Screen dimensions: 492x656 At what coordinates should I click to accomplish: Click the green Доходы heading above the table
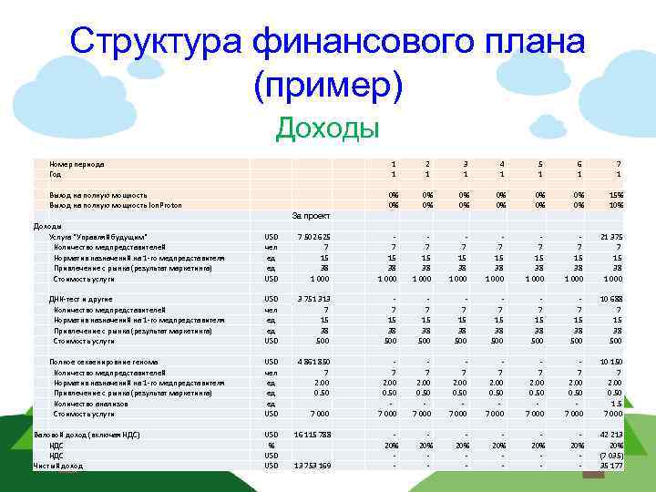click(328, 128)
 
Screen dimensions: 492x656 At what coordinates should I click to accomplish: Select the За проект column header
click(310, 216)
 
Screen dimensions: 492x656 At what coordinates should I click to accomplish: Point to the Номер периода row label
click(77, 164)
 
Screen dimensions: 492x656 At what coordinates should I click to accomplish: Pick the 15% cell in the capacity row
click(616, 195)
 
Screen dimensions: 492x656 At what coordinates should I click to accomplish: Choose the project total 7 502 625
click(313, 237)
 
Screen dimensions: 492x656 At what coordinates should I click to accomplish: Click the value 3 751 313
click(313, 299)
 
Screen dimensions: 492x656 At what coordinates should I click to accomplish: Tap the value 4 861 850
click(313, 362)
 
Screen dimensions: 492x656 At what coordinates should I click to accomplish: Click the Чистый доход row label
click(57, 466)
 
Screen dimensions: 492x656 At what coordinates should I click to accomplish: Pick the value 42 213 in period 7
click(611, 435)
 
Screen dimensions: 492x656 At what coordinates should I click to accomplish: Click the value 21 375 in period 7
click(611, 237)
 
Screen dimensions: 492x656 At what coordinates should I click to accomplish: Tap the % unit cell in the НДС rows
click(270, 446)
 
